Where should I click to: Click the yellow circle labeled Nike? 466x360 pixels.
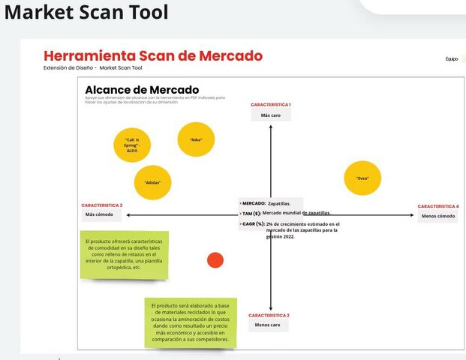196,139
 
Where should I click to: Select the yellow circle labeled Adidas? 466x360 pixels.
152,182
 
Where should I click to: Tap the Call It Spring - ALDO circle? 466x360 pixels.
132,144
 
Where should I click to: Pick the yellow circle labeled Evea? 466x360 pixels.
362,178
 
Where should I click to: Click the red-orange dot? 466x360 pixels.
215,260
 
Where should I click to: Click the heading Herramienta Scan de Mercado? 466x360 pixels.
153,56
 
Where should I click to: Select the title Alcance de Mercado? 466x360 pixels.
142,90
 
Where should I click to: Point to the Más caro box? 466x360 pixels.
270,115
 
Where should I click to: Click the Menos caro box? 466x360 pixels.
268,325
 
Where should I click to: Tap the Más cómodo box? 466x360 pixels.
102,215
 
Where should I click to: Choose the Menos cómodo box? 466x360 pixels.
438,216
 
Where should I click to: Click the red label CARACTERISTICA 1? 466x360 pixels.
270,105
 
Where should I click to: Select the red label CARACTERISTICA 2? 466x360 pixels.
269,315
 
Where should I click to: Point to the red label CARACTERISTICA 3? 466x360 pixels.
102,205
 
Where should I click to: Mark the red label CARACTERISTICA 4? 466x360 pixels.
438,205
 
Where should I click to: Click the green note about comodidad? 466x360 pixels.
125,254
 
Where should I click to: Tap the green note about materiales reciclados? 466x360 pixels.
190,321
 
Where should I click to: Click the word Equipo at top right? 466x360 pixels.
451,58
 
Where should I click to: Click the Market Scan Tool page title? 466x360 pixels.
86,12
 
